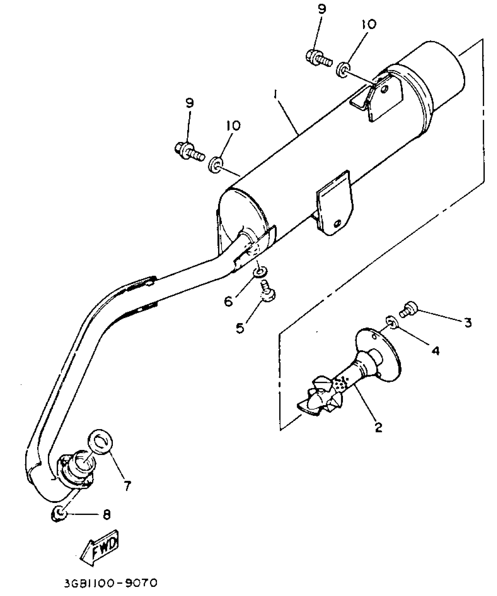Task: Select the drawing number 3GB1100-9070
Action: pos(111,583)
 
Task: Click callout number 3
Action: pos(468,322)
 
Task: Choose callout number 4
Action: pos(436,350)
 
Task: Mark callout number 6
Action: pos(229,301)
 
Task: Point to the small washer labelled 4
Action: pos(392,322)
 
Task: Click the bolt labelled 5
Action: pos(267,292)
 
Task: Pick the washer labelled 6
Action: pos(259,272)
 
